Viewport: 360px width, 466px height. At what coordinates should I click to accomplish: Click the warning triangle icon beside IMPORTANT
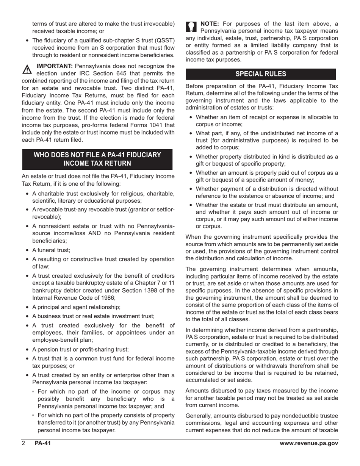click(x=27, y=69)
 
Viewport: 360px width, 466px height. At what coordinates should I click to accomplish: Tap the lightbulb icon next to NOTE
click(x=192, y=27)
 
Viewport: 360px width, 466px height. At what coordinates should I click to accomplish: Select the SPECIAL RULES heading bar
click(x=261, y=74)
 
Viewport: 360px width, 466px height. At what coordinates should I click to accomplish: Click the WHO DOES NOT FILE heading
click(x=97, y=159)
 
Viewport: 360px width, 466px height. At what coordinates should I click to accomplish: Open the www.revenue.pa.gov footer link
click(x=309, y=444)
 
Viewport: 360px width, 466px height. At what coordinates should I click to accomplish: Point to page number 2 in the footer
click(x=23, y=444)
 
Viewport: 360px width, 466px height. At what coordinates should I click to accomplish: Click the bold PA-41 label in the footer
click(x=42, y=444)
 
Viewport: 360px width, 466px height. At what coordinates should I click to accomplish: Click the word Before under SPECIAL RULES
click(x=195, y=86)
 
